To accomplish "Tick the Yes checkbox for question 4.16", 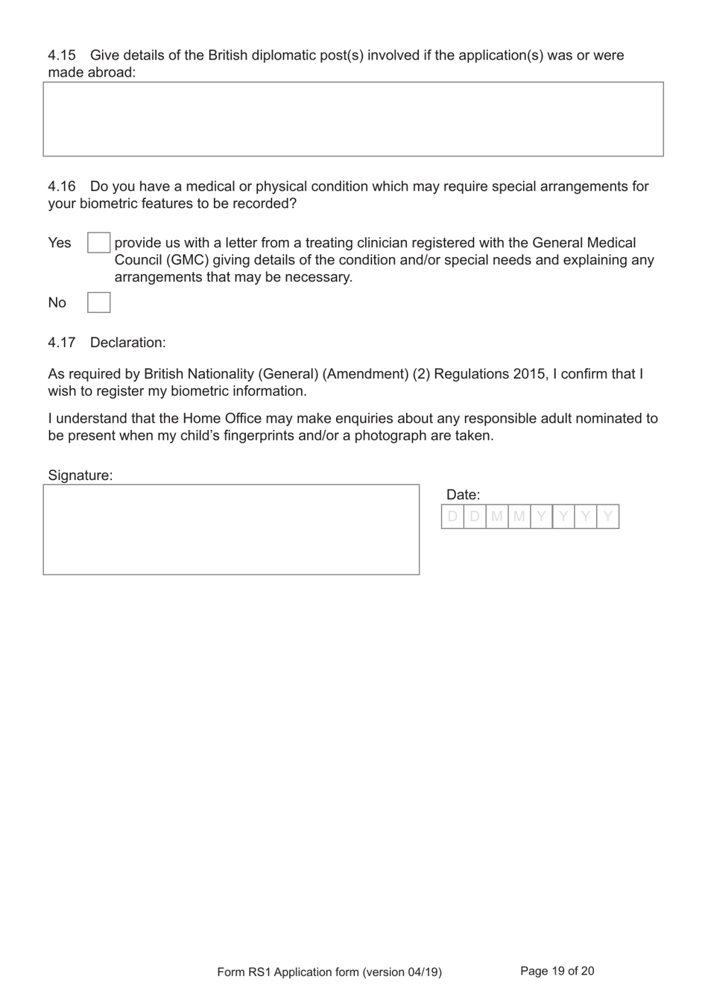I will point(98,243).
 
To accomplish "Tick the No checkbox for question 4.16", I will point(98,303).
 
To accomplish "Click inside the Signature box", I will point(231,530).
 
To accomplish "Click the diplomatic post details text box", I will point(353,119).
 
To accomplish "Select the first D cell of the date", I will point(452,516).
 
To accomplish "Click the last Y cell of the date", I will point(608,516).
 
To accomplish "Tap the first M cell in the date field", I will point(497,516).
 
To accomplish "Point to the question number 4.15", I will point(62,55).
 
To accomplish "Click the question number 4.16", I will point(62,186).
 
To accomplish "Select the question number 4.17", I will point(62,343).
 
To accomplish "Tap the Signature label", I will point(80,475).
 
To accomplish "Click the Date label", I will point(463,495).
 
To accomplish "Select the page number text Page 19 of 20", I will point(557,971).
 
